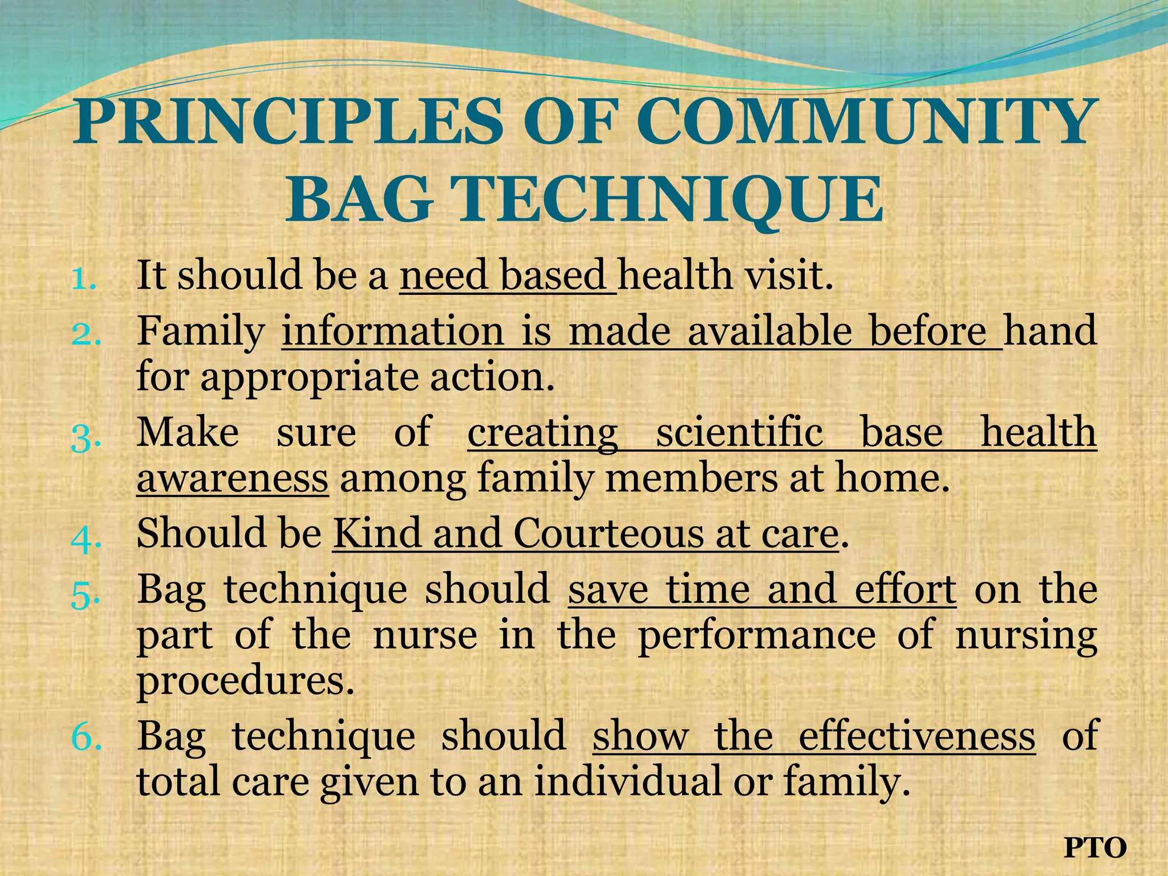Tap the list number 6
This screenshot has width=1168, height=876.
(x=87, y=738)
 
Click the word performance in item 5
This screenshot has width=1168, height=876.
(x=756, y=635)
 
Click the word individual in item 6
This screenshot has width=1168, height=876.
(x=627, y=781)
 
